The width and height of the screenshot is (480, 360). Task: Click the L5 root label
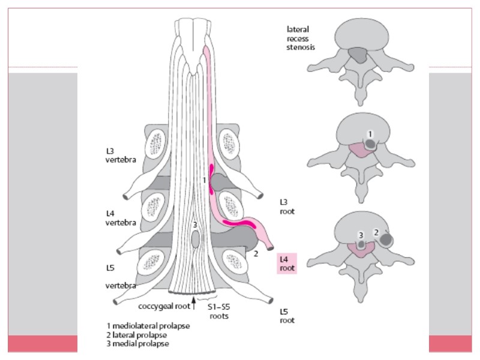pos(287,316)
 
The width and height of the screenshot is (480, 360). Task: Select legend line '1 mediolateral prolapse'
pos(148,326)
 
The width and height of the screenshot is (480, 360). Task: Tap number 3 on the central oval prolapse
pos(194,224)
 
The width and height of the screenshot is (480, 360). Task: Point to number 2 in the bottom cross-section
pos(376,232)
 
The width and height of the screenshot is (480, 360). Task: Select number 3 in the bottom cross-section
pos(361,235)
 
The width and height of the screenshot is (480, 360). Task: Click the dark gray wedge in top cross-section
pos(359,55)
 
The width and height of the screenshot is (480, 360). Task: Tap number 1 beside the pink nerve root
pos(205,179)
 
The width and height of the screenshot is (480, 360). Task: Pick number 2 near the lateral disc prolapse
pos(256,254)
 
